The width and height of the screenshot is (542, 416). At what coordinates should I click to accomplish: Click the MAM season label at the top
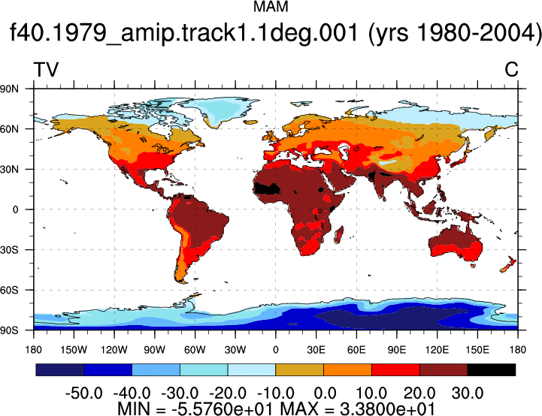tap(271, 7)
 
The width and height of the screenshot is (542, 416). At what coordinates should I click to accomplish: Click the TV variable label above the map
tap(46, 70)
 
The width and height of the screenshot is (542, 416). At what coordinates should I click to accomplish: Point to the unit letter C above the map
tap(511, 70)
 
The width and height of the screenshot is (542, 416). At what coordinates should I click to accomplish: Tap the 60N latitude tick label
tap(9, 129)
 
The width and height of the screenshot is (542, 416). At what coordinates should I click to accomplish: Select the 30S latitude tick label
tap(9, 249)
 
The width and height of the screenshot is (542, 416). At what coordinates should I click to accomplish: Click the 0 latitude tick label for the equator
tap(15, 210)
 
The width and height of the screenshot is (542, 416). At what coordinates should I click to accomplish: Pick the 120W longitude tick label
tap(114, 350)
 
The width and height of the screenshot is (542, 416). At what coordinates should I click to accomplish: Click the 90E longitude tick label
tap(397, 350)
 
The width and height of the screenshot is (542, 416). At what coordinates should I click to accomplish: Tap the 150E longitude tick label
tap(477, 350)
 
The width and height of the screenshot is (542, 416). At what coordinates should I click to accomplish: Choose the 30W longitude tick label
tap(235, 350)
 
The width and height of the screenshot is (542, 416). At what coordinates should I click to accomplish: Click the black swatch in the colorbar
tap(491, 369)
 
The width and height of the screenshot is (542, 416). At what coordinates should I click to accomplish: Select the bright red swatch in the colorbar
tap(395, 369)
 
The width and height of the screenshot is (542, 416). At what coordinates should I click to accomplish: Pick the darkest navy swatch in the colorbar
tap(60, 369)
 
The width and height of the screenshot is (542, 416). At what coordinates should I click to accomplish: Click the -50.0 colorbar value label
tap(84, 393)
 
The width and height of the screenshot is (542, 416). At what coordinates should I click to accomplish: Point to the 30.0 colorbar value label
tap(468, 393)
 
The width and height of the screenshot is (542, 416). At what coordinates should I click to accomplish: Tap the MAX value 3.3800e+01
tap(387, 409)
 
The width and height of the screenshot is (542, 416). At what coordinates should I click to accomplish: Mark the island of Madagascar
tap(339, 235)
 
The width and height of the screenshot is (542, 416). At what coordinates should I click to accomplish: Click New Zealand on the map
tap(508, 264)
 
